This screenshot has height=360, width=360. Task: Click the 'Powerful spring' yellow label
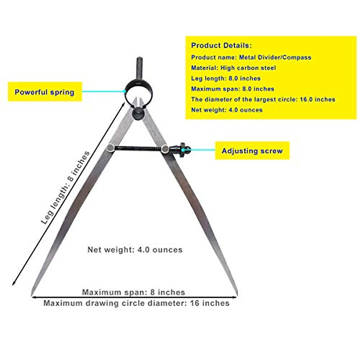tap(44, 92)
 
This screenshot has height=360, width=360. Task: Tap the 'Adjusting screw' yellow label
tap(252, 151)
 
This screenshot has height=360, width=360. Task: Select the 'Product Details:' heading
tap(221, 46)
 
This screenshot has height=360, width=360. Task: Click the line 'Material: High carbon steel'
tap(233, 68)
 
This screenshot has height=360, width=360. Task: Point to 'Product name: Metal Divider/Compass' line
tap(251, 57)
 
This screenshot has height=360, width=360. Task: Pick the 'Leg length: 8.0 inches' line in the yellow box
tap(226, 78)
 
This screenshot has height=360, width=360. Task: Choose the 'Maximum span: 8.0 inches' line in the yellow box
tap(232, 89)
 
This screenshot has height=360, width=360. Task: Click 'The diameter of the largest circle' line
tap(263, 99)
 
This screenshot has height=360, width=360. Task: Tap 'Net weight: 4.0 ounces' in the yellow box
tap(227, 110)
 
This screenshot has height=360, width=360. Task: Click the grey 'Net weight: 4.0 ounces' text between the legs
tap(135, 250)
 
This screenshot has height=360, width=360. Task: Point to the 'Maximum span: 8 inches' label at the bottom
tap(133, 292)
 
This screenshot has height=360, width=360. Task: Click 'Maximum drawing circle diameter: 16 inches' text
tap(136, 303)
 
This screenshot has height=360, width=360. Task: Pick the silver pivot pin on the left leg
tap(110, 148)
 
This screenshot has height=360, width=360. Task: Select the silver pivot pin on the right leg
tap(165, 148)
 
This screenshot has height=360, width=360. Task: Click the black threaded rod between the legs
tap(137, 148)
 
